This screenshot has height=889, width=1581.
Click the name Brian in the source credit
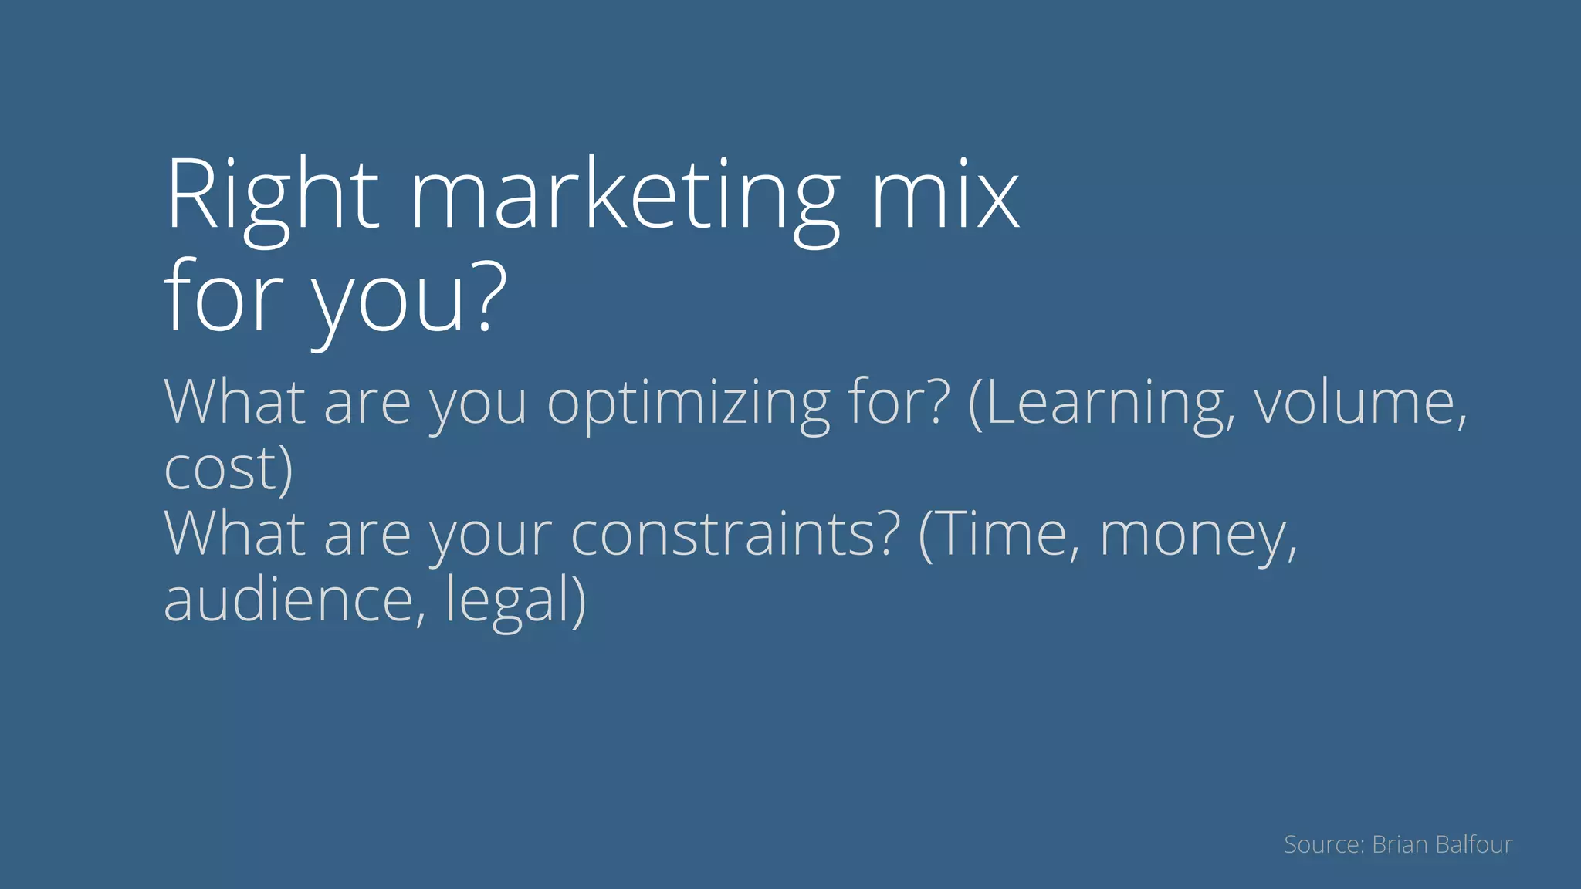click(1400, 844)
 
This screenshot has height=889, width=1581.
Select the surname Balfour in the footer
click(1474, 844)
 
